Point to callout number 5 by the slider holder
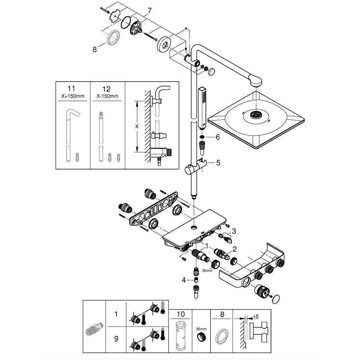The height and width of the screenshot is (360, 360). pyautogui.click(x=218, y=162)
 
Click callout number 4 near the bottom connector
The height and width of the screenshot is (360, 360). pyautogui.click(x=183, y=280)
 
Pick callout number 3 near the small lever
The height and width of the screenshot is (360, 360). pyautogui.click(x=234, y=231)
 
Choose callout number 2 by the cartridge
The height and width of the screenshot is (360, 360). pyautogui.click(x=235, y=249)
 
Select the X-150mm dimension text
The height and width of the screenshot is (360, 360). pyautogui.click(x=107, y=96)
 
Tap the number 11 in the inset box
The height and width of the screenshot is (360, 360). pyautogui.click(x=71, y=89)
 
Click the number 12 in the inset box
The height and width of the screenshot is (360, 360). pyautogui.click(x=107, y=89)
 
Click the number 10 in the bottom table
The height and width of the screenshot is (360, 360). pyautogui.click(x=181, y=315)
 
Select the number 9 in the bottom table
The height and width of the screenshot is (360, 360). pyautogui.click(x=116, y=339)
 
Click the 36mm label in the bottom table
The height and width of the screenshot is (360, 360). pyautogui.click(x=200, y=329)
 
